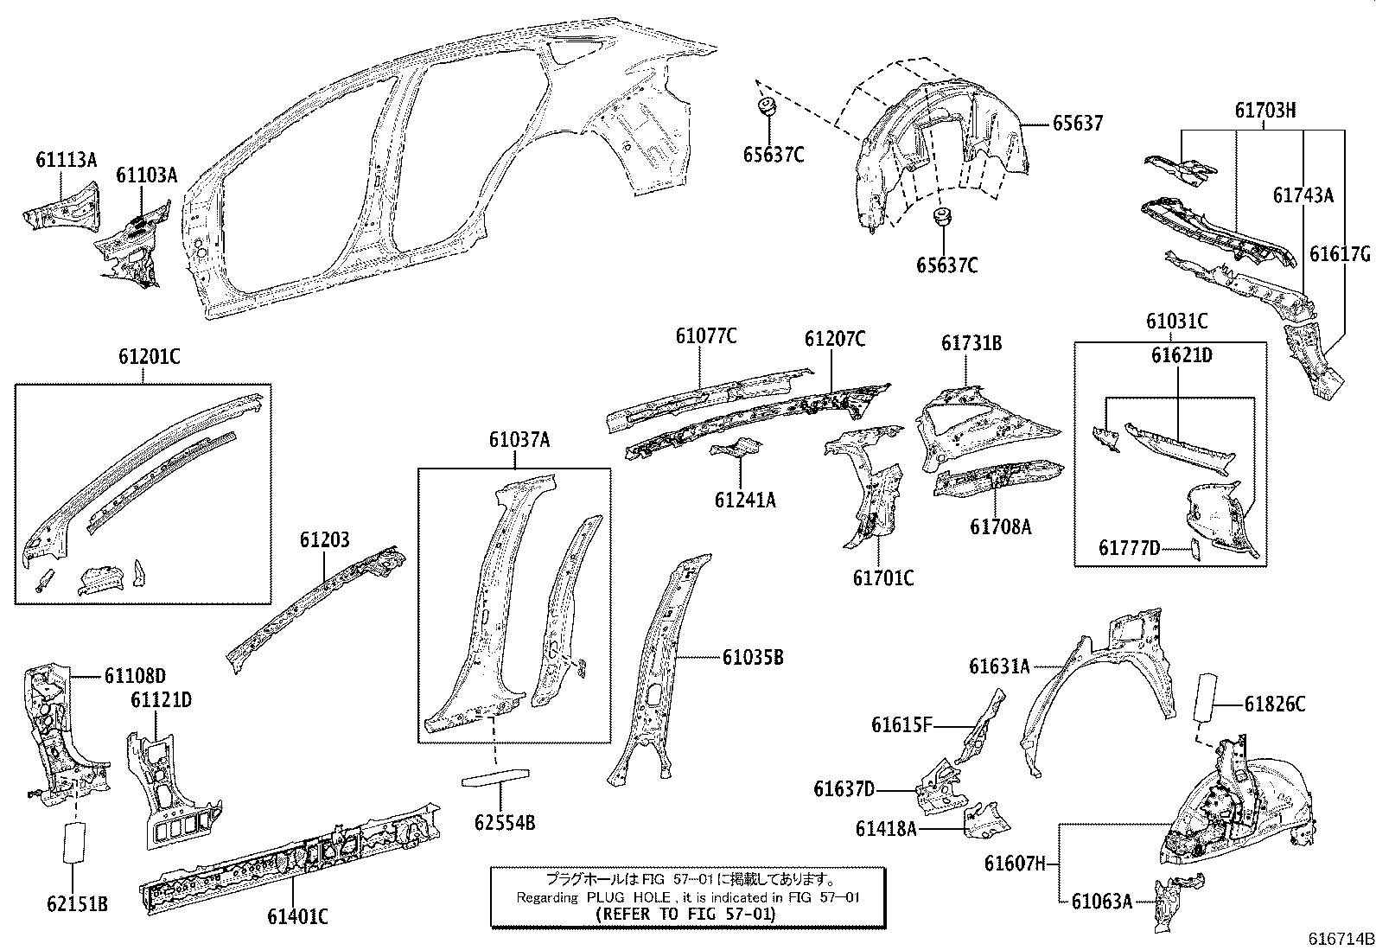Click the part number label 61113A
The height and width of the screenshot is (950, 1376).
click(66, 159)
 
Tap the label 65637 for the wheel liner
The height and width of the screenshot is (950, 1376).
click(1077, 124)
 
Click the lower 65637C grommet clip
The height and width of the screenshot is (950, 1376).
click(940, 218)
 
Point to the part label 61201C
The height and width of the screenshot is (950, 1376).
click(149, 356)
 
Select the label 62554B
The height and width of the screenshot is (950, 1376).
click(505, 822)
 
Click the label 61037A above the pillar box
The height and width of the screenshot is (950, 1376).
click(519, 440)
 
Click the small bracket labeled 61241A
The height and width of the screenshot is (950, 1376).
click(736, 449)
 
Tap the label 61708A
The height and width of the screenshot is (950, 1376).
click(1000, 526)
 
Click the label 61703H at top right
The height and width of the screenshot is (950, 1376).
click(1265, 110)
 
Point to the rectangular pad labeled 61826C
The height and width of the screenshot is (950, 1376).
click(1204, 698)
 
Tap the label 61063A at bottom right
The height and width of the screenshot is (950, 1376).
click(1101, 902)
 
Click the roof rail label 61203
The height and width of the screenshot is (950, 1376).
click(325, 540)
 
